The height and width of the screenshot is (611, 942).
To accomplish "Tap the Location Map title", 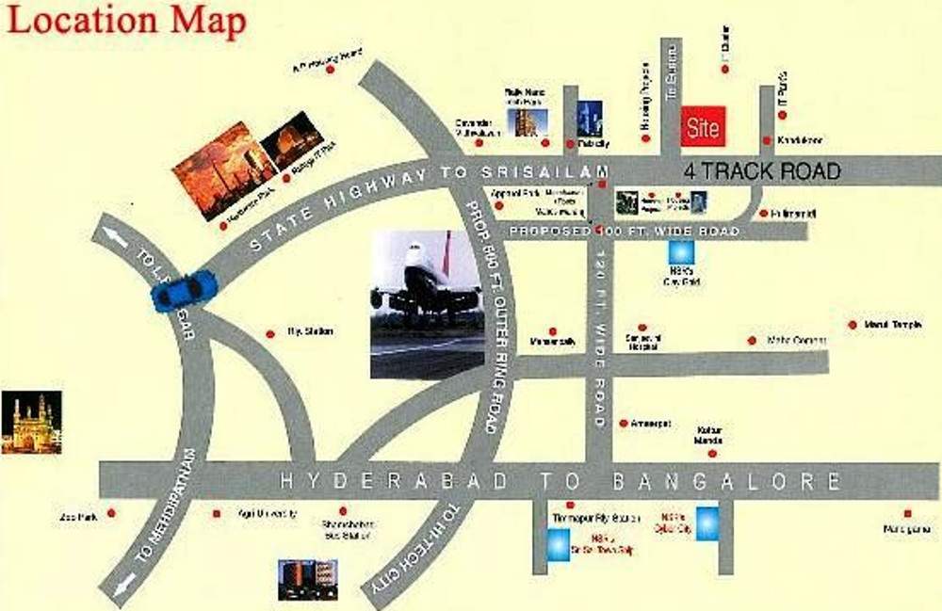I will pyautogui.click(x=126, y=21).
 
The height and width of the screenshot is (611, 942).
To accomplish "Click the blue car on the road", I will pyautogui.click(x=185, y=290).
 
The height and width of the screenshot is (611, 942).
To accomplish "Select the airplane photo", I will pyautogui.click(x=427, y=304).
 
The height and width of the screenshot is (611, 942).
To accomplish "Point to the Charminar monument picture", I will pyautogui.click(x=31, y=423).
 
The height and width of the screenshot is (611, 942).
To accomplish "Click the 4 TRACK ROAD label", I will pyautogui.click(x=761, y=171).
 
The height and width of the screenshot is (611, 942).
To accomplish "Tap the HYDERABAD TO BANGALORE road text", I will pyautogui.click(x=560, y=481).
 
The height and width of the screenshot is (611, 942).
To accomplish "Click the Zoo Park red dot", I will pyautogui.click(x=111, y=513).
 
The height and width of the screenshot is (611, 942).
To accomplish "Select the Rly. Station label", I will pyautogui.click(x=311, y=331).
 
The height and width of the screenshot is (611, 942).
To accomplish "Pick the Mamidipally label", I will pyautogui.click(x=553, y=342).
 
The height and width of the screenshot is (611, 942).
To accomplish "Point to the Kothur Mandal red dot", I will pyautogui.click(x=712, y=454).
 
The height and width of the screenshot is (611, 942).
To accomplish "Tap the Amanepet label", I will pyautogui.click(x=651, y=424).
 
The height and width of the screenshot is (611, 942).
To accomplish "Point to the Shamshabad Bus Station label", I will pyautogui.click(x=349, y=529).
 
